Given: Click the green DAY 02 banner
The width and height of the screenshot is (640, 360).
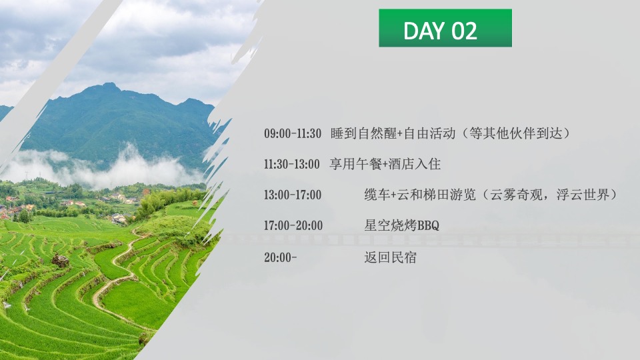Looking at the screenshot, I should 445,28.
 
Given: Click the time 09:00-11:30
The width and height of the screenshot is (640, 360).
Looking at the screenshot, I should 293,133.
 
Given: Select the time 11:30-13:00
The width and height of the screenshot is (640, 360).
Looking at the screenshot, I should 291,164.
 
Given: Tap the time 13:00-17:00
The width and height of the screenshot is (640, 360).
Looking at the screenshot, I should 293,195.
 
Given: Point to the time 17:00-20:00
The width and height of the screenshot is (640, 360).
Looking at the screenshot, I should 293,226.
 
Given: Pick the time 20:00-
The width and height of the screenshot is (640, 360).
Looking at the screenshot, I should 280,257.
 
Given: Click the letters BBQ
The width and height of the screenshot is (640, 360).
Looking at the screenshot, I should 428,226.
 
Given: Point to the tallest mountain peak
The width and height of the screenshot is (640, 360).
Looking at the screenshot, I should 108,87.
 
